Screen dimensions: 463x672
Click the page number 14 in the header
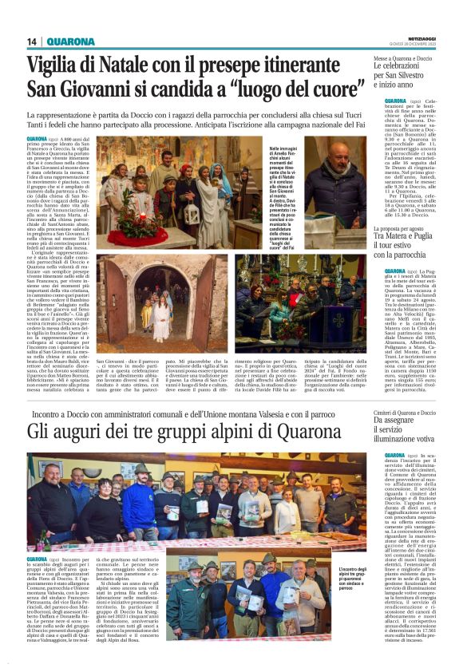point(33,42)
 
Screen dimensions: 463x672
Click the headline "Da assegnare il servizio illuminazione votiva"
point(406,431)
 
